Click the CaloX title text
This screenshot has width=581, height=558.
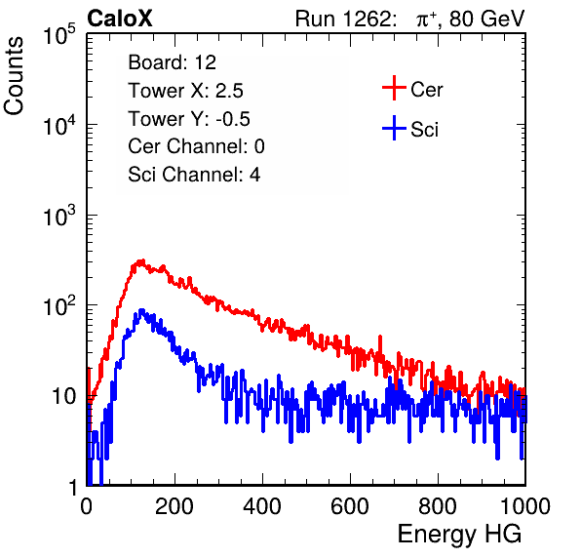coord(120,19)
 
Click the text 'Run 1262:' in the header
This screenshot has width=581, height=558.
coord(343,19)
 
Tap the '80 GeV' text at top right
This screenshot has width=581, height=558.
coord(487,19)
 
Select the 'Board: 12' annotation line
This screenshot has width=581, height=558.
coord(172,62)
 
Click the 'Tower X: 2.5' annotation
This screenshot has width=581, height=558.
coord(185,91)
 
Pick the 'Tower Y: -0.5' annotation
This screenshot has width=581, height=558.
coord(189,119)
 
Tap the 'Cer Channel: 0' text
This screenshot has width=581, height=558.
coord(196,146)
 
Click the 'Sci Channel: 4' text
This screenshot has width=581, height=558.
coord(194,175)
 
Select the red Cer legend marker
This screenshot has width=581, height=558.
coord(394,88)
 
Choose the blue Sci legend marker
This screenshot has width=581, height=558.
coord(394,128)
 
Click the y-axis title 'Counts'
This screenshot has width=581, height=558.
coord(14,76)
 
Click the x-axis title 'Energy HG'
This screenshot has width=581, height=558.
coord(459,535)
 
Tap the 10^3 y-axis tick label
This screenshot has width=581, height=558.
coord(59,216)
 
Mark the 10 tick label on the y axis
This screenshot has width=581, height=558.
coord(63,396)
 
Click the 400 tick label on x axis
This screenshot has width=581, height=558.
coord(262,505)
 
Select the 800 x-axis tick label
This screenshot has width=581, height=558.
coord(438,505)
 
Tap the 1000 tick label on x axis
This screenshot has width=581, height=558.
coord(525,505)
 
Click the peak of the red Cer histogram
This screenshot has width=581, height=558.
coord(141,261)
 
